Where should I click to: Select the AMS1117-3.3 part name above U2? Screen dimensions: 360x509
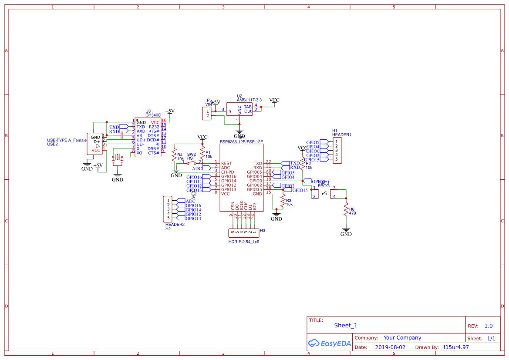tap(249, 100)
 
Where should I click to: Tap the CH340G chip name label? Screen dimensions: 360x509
tap(153, 115)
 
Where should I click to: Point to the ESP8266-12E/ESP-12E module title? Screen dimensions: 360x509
tap(242, 142)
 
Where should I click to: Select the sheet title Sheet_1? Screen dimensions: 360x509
tap(346, 325)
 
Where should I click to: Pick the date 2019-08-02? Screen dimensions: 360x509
tap(390, 347)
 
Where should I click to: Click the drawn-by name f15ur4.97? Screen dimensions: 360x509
tap(456, 347)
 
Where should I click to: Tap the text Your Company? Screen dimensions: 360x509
tap(402, 338)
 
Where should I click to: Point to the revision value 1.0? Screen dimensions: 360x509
tap(488, 326)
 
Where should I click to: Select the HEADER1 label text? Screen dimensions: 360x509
tap(341, 135)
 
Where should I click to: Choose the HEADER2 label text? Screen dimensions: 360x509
tap(175, 224)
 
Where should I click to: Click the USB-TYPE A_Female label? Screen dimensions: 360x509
tap(67, 140)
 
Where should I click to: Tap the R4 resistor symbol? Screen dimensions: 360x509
tap(174, 155)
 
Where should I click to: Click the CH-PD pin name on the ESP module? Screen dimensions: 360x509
tap(228, 172)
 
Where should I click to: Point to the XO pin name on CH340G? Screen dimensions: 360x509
tap(139, 153)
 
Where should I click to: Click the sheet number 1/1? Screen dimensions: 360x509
tap(491, 338)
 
